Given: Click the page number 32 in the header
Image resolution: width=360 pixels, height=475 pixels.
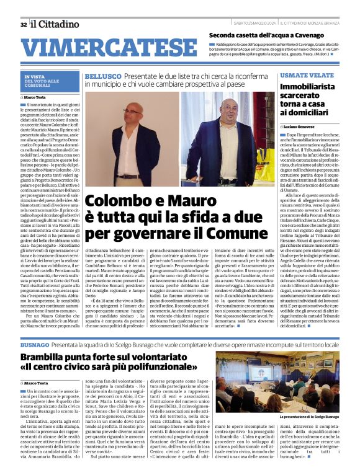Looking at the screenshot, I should click(x=23, y=24).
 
